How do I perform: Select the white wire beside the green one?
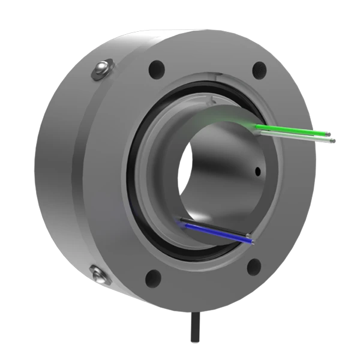point(294,136)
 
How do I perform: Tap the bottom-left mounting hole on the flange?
point(154,277)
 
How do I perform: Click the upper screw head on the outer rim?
point(102,70)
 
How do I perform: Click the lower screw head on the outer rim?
point(100,275)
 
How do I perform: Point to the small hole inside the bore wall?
point(258,172)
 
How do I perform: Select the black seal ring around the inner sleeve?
point(133,198)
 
